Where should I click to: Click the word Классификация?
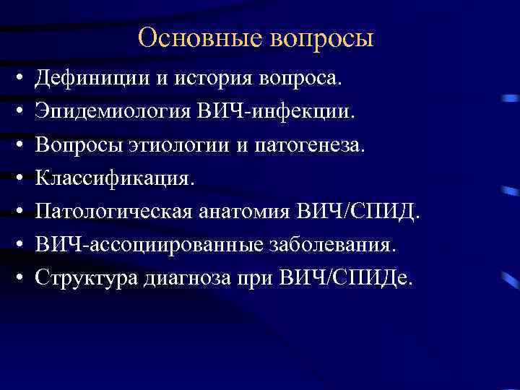(116, 178)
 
